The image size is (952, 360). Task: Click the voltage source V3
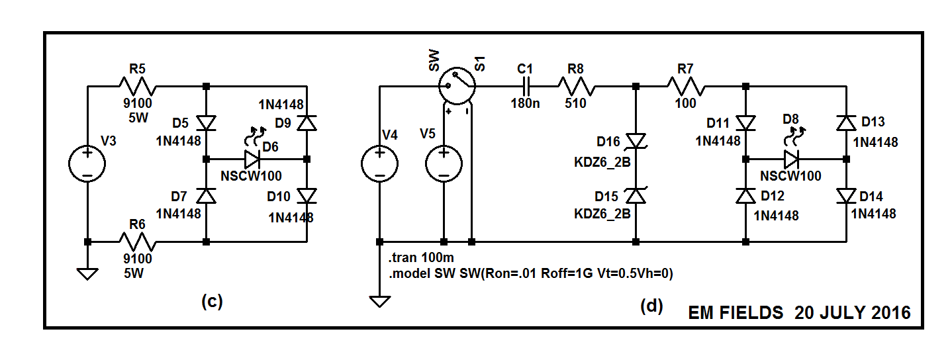tap(87, 163)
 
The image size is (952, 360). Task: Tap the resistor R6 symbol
tap(136, 242)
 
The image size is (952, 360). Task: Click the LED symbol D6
tap(252, 159)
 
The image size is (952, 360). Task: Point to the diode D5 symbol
tap(207, 123)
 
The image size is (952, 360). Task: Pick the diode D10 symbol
tap(306, 196)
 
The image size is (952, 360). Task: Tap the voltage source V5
tap(444, 163)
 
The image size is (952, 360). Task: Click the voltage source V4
tap(379, 163)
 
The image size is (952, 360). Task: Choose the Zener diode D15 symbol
tap(636, 196)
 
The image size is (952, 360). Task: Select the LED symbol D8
tap(792, 159)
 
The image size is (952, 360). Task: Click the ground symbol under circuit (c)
tap(87, 273)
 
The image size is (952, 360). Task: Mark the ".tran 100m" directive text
tap(418, 257)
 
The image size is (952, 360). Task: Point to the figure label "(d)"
tap(651, 306)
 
